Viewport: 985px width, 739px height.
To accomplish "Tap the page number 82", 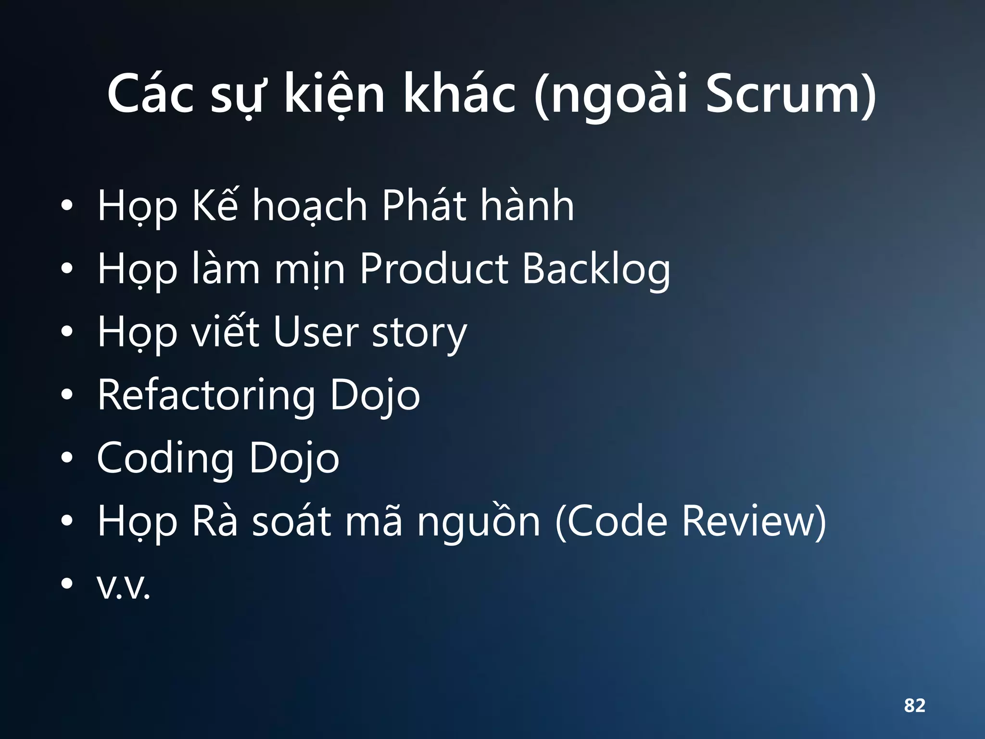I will click(x=914, y=705).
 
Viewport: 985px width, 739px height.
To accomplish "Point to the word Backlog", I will click(x=596, y=269).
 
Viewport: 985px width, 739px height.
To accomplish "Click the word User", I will click(x=316, y=332).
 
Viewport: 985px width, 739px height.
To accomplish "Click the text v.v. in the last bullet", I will click(x=124, y=586).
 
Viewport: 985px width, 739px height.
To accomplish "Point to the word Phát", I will click(x=424, y=206).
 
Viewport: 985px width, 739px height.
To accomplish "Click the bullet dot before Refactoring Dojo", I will click(x=67, y=395).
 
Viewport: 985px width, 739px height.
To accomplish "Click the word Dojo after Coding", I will click(x=294, y=459).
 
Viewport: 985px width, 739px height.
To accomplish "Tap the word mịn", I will click(x=310, y=269).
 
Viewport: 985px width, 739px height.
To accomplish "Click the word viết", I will click(x=226, y=332).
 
